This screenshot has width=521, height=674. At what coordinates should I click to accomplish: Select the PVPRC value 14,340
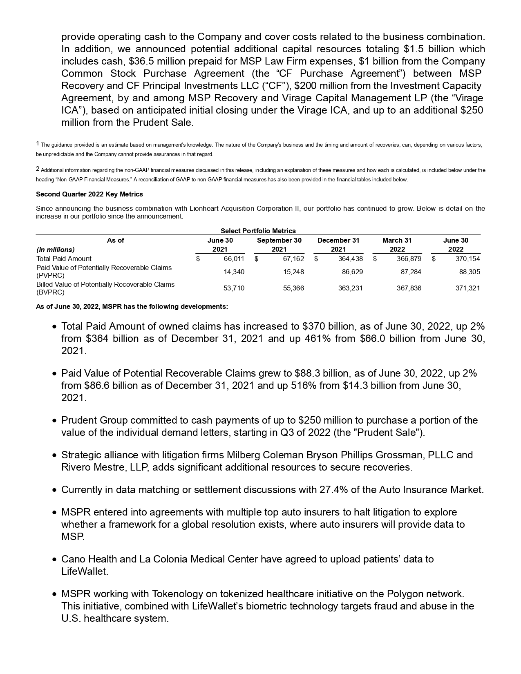(x=234, y=272)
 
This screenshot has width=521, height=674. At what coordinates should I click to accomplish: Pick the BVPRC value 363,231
(x=350, y=288)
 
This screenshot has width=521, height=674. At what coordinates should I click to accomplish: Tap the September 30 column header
(x=279, y=241)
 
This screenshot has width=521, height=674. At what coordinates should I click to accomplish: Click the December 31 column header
(x=338, y=241)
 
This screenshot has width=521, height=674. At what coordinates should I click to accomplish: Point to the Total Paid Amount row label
(x=64, y=259)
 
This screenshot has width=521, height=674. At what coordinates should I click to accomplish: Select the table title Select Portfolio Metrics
(x=258, y=231)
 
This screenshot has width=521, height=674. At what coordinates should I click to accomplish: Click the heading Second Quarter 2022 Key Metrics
(x=89, y=194)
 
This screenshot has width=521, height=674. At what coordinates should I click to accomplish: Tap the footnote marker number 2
(x=38, y=169)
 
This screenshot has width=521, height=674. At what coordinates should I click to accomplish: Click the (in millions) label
(x=56, y=250)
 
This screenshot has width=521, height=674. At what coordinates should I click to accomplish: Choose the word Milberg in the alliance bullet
(x=244, y=455)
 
